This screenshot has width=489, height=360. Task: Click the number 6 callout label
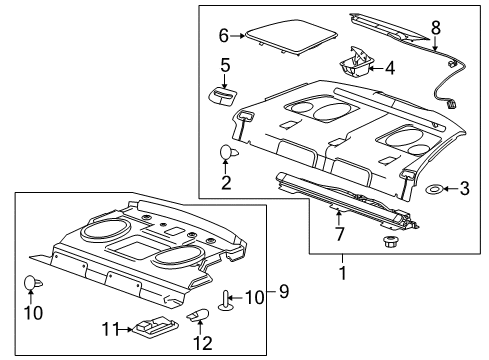[x=224, y=34]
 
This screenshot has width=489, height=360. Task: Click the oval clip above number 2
[x=226, y=153]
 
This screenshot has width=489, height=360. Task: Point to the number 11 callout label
[x=112, y=326]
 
